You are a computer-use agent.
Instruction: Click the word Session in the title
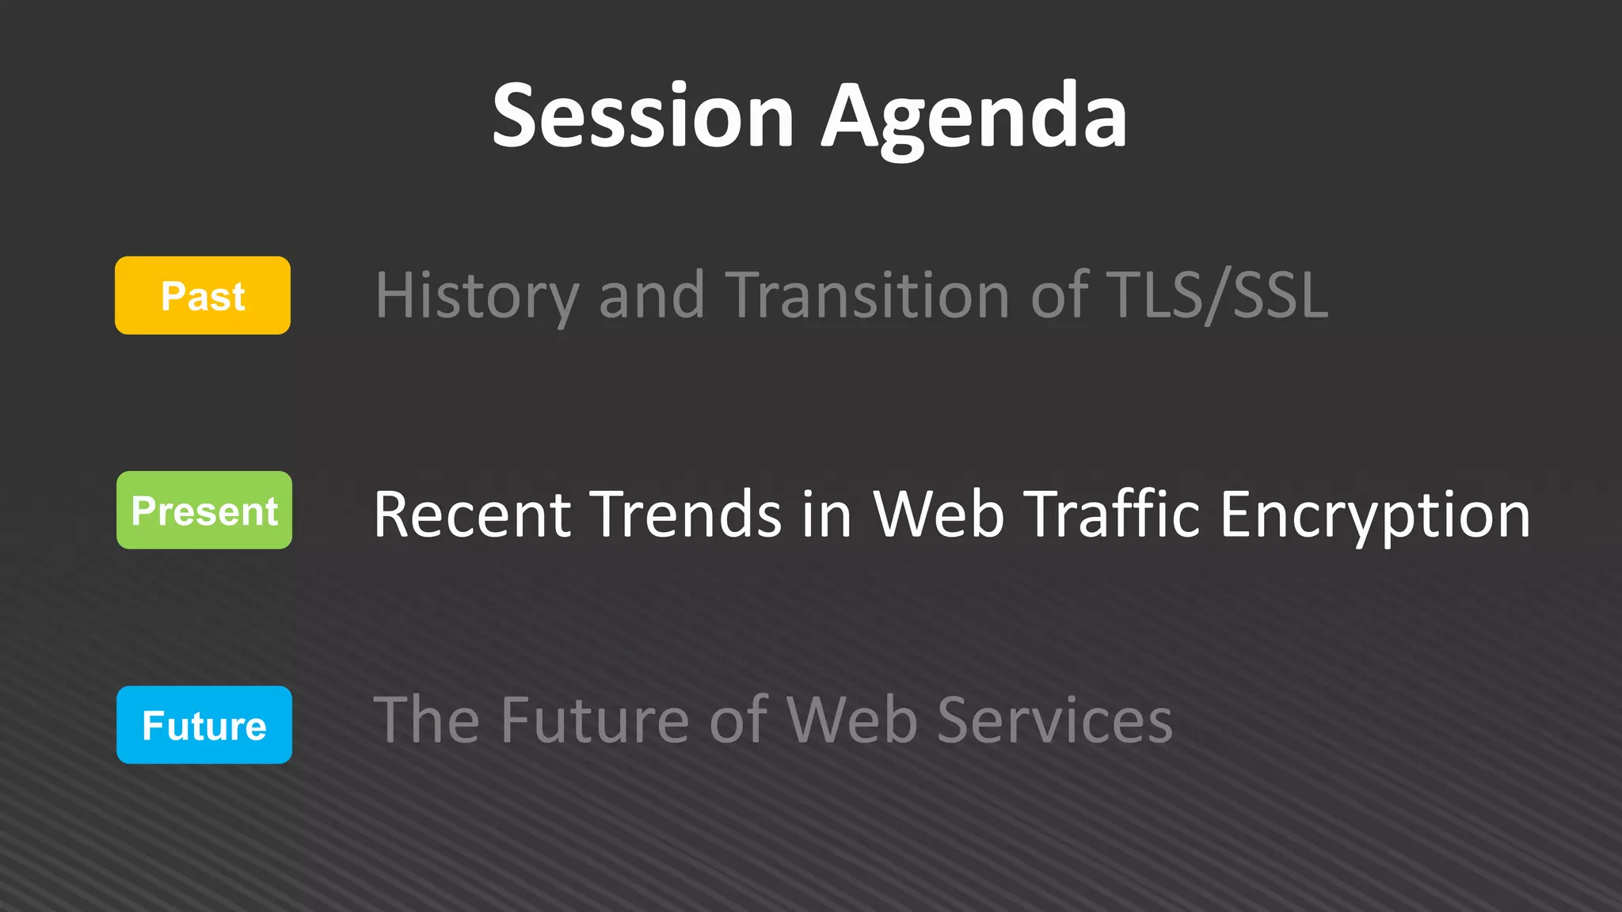pyautogui.click(x=642, y=117)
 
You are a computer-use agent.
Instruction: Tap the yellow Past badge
pyautogui.click(x=203, y=296)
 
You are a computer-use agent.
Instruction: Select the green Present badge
pyautogui.click(x=204, y=511)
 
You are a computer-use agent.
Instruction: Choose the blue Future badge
pyautogui.click(x=204, y=725)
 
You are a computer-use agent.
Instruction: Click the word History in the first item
pyautogui.click(x=477, y=296)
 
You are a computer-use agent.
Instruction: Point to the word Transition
pyautogui.click(x=867, y=294)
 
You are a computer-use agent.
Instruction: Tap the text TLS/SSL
pyautogui.click(x=1216, y=294)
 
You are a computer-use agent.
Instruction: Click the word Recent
pyautogui.click(x=472, y=515)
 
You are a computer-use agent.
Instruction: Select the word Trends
pyautogui.click(x=687, y=515)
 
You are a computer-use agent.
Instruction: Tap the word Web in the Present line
pyautogui.click(x=939, y=515)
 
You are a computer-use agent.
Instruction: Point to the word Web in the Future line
pyautogui.click(x=851, y=720)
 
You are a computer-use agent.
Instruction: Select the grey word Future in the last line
pyautogui.click(x=594, y=720)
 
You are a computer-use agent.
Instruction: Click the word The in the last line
pyautogui.click(x=426, y=720)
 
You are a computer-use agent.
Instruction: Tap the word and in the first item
pyautogui.click(x=651, y=296)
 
